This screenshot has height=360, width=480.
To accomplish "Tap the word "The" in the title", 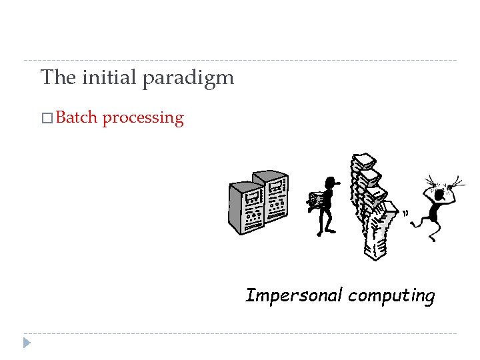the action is point(59,78).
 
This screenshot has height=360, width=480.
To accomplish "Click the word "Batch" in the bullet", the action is point(77,118).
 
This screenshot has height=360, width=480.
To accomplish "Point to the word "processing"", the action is point(143,119).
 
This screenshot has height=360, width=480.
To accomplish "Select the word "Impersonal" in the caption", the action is point(294,295).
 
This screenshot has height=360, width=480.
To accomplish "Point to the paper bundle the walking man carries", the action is point(316,200).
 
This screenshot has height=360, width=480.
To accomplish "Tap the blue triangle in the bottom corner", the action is point(26,343).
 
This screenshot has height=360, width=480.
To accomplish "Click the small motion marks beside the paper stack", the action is point(405,213).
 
